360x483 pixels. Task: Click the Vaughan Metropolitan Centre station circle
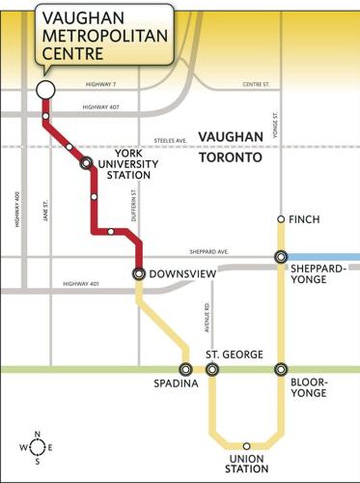[x=44, y=90]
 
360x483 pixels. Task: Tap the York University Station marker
[x=86, y=163]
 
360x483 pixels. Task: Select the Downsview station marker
[x=139, y=273]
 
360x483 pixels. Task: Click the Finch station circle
[x=281, y=219]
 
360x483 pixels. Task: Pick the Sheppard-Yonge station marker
[x=281, y=257]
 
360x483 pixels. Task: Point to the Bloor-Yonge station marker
[x=281, y=369]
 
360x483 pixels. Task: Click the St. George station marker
[x=211, y=369]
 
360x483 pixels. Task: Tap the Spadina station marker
[x=185, y=369]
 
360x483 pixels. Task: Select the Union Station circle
[x=246, y=445]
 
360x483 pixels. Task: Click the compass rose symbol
[x=37, y=447]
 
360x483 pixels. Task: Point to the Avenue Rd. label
[x=206, y=320]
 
